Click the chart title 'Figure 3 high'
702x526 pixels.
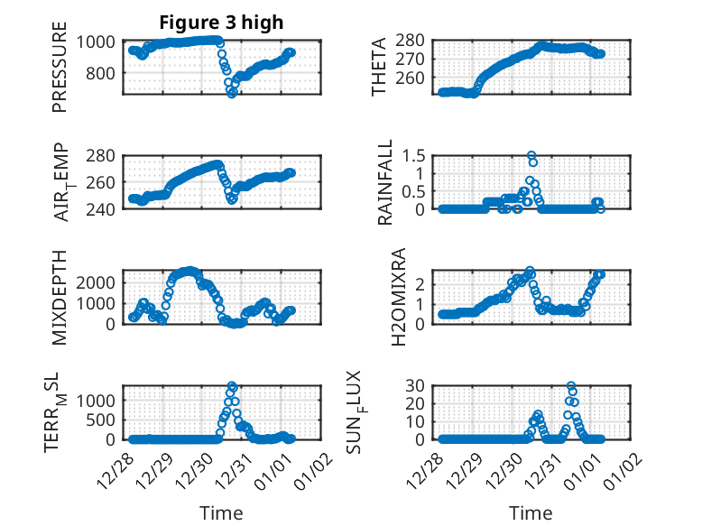[x=221, y=23]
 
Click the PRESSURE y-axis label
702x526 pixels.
[x=60, y=72]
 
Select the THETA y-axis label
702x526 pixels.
[x=379, y=67]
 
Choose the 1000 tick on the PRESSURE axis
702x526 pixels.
[x=95, y=42]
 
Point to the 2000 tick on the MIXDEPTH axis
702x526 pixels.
[x=91, y=281]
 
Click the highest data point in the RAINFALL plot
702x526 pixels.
[x=531, y=155]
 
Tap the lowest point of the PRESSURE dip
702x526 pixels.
[x=232, y=93]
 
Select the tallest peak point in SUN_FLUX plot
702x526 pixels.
[x=571, y=386]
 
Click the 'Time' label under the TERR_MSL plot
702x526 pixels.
[x=221, y=513]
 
